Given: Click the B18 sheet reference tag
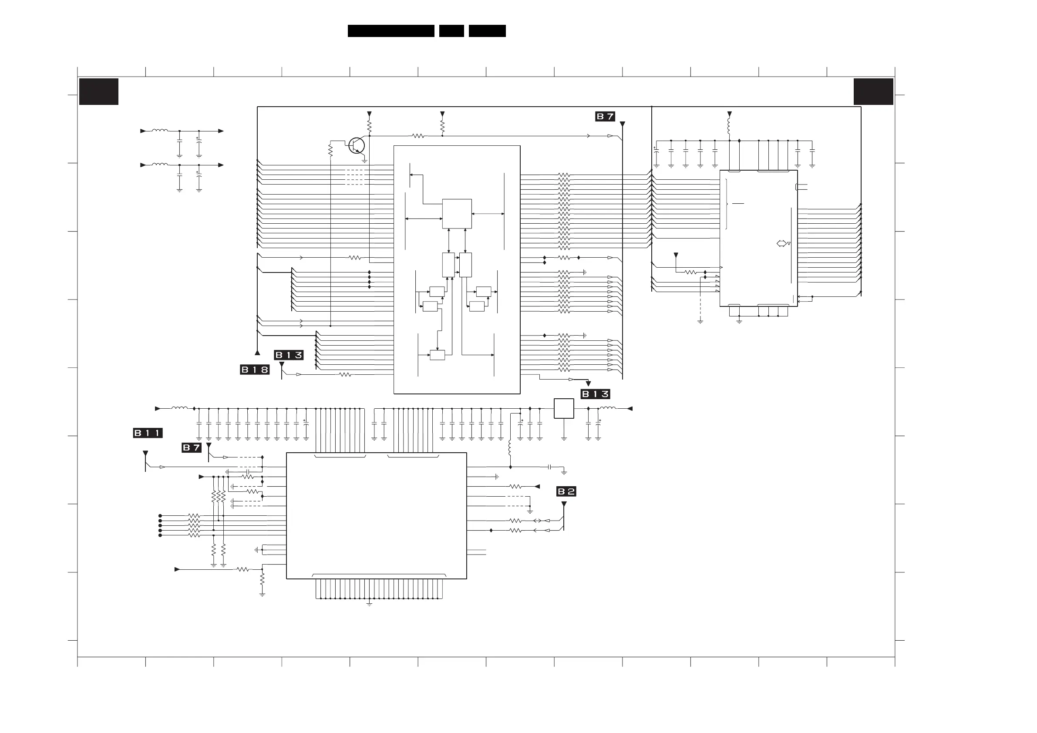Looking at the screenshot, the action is click(x=255, y=370).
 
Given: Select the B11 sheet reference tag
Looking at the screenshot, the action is click(x=148, y=433).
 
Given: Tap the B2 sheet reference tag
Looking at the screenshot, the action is click(x=566, y=491).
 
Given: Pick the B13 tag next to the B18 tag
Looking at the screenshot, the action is click(x=289, y=355).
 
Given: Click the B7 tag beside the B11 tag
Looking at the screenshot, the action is click(x=192, y=447).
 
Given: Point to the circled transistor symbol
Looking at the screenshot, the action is click(x=357, y=145).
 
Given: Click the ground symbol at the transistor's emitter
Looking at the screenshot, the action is click(x=364, y=160).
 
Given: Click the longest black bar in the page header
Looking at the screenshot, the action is click(x=391, y=31).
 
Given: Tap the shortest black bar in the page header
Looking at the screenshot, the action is click(x=451, y=31).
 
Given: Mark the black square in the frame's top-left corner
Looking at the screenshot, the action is click(x=99, y=92).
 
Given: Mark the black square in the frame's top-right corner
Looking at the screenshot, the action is click(x=873, y=92).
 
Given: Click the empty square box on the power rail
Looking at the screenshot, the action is click(x=564, y=409).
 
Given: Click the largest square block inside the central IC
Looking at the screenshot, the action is click(x=457, y=214).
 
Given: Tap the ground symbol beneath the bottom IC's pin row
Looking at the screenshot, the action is click(x=370, y=603).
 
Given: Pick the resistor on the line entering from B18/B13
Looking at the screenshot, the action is click(x=345, y=374).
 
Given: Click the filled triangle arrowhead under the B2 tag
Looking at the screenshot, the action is click(x=564, y=504).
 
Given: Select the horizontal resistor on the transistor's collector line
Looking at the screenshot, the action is click(x=418, y=135).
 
